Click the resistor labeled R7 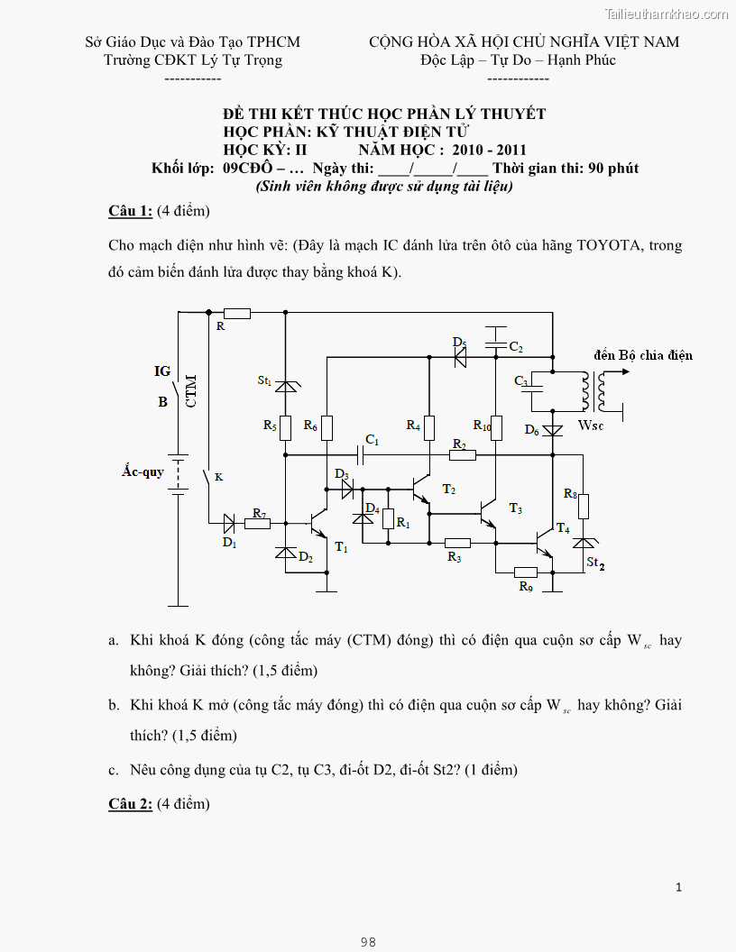coord(257,523)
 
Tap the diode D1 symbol coord(228,523)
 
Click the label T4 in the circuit coord(563,527)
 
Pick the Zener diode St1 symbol coord(285,385)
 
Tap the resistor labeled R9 coord(526,572)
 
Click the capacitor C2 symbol coord(495,344)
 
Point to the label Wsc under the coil coord(591,425)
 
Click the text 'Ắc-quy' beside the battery coord(143,471)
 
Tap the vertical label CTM coord(191,391)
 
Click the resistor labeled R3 coord(457,543)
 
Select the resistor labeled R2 coord(462,455)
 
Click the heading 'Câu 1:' coord(130,211)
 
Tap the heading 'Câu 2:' coord(130,803)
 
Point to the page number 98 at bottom coord(368,942)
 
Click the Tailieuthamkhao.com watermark coord(666,14)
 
